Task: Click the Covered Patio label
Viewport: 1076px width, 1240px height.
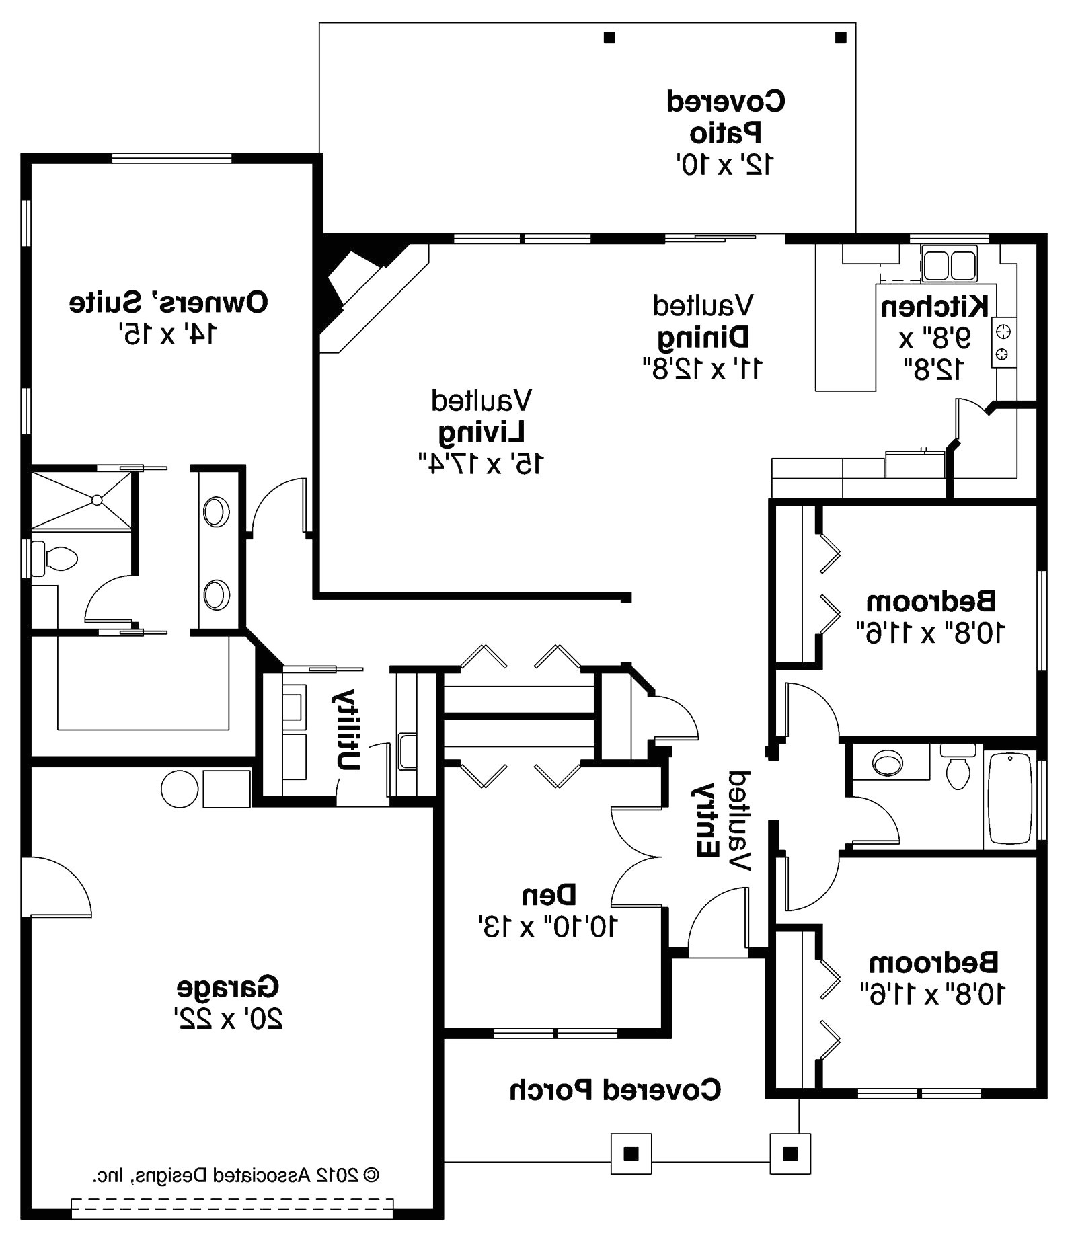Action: tap(725, 118)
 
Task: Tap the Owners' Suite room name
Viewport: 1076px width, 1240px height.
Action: tap(169, 303)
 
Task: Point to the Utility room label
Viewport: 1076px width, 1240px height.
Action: tap(348, 729)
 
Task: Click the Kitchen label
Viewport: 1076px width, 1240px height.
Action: tap(934, 307)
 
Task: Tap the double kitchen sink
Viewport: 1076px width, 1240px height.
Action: tap(949, 264)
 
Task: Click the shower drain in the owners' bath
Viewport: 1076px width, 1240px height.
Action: tap(97, 500)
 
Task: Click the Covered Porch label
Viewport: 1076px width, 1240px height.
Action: tap(615, 1090)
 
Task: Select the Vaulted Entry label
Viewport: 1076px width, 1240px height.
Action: tap(722, 820)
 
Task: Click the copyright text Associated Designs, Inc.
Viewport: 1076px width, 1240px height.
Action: tap(235, 1176)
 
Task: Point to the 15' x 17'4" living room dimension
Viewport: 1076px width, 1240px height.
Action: tap(481, 463)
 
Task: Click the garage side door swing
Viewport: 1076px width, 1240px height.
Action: tap(57, 886)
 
